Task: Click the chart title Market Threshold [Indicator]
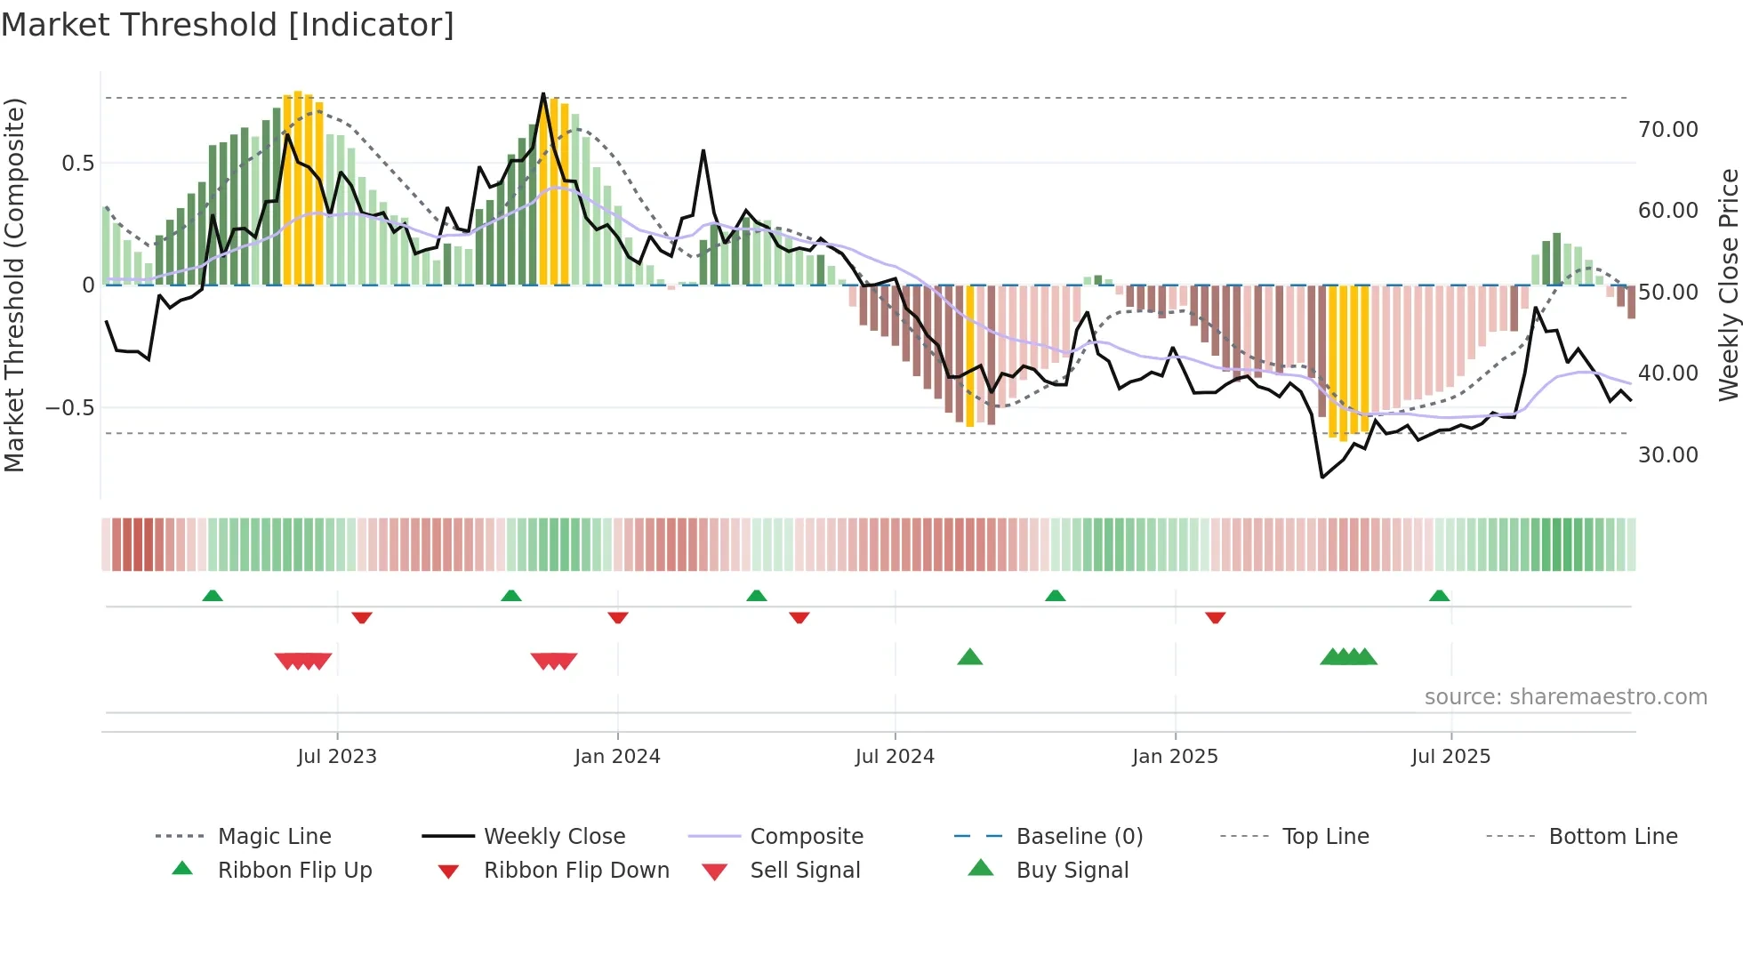(228, 25)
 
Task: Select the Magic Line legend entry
(274, 837)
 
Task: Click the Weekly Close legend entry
(554, 837)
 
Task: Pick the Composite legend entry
(806, 837)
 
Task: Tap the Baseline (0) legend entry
(1079, 837)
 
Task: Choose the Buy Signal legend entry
(1072, 871)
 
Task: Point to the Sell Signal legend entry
(805, 871)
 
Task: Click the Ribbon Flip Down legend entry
(576, 871)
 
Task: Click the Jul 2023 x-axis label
(337, 757)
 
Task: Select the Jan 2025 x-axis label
(1175, 757)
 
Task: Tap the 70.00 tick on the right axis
(1667, 130)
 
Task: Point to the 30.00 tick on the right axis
(1667, 455)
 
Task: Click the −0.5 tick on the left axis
(69, 408)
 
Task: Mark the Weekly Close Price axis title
(1728, 285)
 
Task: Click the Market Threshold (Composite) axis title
(15, 285)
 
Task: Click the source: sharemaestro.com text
(1565, 697)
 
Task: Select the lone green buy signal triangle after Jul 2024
(969, 657)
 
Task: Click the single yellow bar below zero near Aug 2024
(970, 356)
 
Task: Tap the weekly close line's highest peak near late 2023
(543, 94)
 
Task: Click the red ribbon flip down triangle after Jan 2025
(1216, 617)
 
